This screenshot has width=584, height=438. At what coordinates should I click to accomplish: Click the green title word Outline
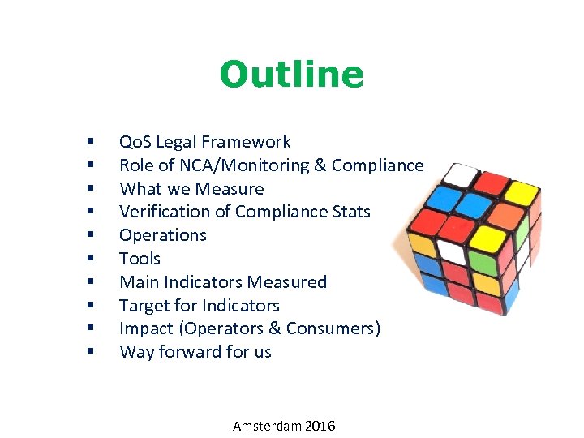pyautogui.click(x=291, y=75)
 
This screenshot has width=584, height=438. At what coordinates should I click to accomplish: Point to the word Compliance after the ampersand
pyautogui.click(x=377, y=165)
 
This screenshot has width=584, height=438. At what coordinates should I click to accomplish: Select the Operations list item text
pyautogui.click(x=162, y=235)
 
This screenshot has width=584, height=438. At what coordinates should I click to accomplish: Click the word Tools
pyautogui.click(x=140, y=259)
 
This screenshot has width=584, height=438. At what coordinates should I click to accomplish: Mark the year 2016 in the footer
pyautogui.click(x=321, y=426)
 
